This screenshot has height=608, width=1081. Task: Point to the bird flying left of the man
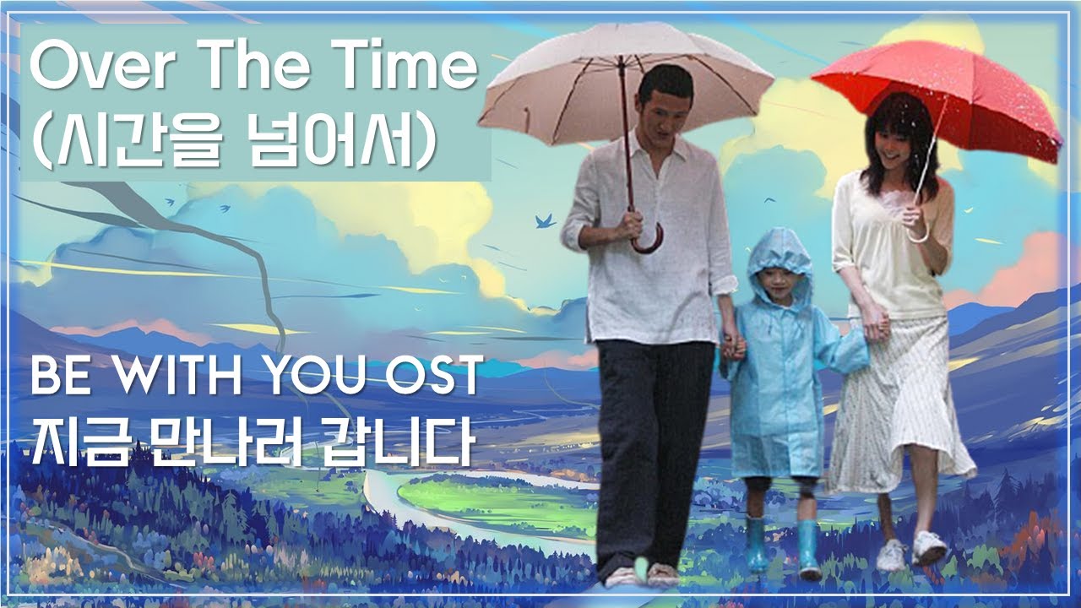(x=545, y=221)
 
